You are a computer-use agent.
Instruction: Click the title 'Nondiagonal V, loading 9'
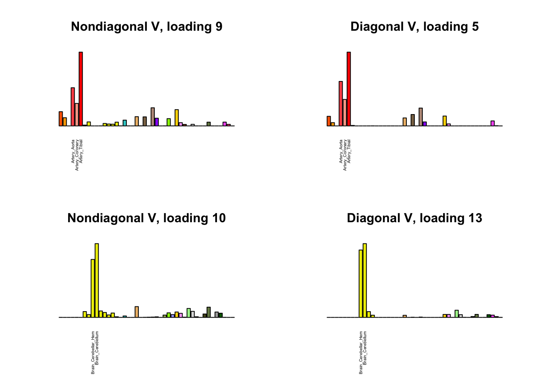pos(146,27)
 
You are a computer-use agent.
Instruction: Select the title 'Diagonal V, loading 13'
pos(414,218)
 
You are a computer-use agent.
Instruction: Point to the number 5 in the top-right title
pos(475,27)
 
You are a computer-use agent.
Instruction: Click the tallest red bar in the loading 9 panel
pos(81,89)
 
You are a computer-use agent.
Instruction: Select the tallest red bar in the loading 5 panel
pos(349,89)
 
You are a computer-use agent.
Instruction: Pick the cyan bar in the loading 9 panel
pos(125,123)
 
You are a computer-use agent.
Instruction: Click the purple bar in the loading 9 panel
pos(157,122)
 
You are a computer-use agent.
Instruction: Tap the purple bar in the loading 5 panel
pos(425,124)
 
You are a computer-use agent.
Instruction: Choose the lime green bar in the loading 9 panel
pos(169,122)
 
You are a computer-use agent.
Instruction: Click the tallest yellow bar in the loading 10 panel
pos(97,280)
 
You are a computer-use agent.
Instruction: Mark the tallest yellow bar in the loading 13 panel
pos(365,280)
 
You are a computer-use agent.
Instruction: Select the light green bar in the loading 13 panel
pos(457,314)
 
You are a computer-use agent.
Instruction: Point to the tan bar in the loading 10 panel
pos(137,312)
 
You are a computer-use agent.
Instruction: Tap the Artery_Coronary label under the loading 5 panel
pos(345,155)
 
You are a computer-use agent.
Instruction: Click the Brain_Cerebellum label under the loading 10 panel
pos(97,348)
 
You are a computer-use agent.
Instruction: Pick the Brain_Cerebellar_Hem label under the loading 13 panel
pos(361,352)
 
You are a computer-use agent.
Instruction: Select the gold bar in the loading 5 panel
pos(445,121)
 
